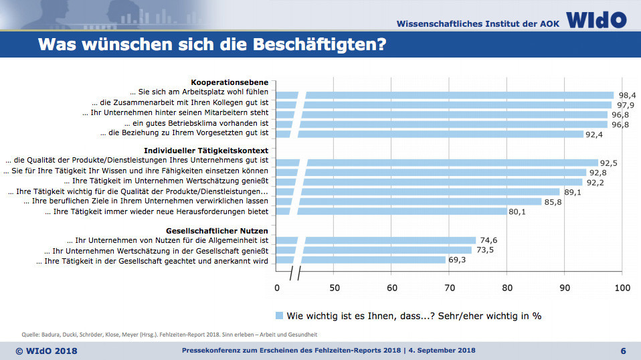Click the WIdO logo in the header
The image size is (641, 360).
click(x=597, y=19)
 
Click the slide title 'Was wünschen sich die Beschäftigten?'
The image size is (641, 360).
click(x=211, y=46)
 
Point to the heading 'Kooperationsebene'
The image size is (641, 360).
click(x=230, y=82)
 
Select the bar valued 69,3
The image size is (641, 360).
click(x=375, y=260)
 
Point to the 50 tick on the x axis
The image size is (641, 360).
click(x=335, y=288)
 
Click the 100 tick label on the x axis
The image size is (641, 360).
click(x=622, y=288)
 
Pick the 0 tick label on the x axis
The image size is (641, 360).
click(x=277, y=288)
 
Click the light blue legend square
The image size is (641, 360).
click(x=279, y=315)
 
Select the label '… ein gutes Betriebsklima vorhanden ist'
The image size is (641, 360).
click(x=197, y=124)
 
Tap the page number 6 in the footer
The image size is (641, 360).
click(x=623, y=351)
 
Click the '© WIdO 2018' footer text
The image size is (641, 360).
click(x=46, y=351)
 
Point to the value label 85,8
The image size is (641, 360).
click(x=553, y=201)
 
